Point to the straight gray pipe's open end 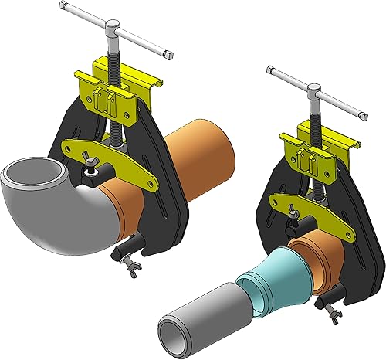click(x=171, y=328)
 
